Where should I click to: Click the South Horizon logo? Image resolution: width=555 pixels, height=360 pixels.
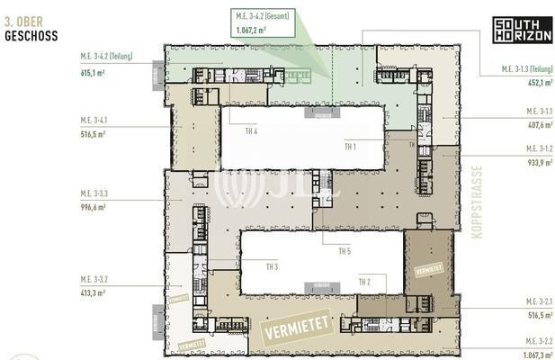coord(515,30)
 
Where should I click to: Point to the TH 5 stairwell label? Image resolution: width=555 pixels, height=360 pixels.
coord(344,251)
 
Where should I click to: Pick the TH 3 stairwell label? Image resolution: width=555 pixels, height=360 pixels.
coord(272,266)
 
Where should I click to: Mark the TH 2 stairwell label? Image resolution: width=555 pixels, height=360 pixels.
coord(364,283)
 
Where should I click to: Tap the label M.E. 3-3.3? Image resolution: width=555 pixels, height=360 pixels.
coord(94,193)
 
